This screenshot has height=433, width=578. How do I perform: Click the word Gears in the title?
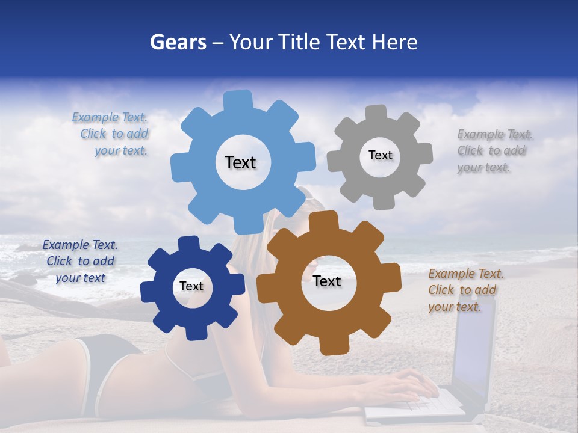(x=178, y=42)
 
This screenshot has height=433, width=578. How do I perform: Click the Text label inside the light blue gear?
(x=240, y=162)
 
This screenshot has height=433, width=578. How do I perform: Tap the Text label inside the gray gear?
(x=380, y=155)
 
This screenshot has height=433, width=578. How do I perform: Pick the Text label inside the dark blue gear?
(x=191, y=287)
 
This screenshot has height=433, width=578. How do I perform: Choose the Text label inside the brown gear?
(x=327, y=281)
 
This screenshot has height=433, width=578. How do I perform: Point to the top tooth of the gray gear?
(x=376, y=114)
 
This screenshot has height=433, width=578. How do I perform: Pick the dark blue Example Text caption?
(x=80, y=261)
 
